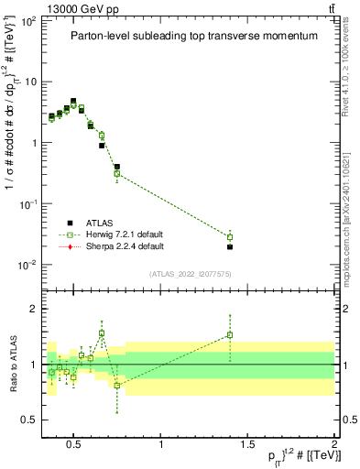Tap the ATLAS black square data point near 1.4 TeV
[230, 246]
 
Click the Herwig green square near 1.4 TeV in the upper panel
[230, 237]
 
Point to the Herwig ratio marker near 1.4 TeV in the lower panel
[230, 335]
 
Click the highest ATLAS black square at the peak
[73, 102]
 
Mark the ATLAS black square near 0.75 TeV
[117, 167]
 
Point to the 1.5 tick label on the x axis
[247, 445]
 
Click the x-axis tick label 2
[333, 445]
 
